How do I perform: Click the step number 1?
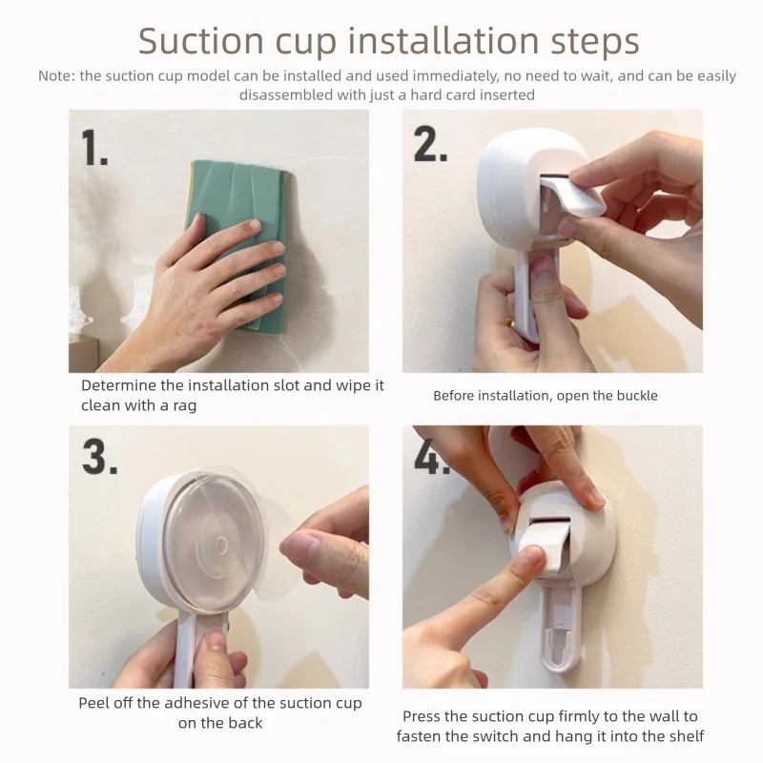94,148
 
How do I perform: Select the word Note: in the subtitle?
56,76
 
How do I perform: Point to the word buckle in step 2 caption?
634,396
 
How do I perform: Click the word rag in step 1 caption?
184,406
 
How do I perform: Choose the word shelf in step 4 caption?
687,736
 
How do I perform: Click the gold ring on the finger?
510,321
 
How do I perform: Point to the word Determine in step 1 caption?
118,386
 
